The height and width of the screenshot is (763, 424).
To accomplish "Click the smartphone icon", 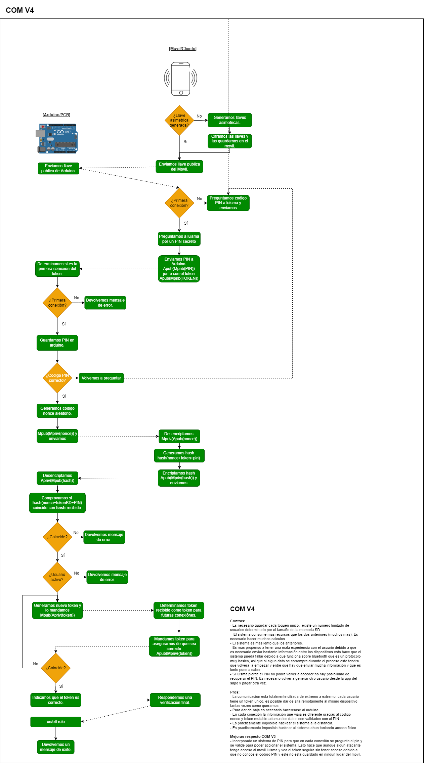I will click(x=181, y=79).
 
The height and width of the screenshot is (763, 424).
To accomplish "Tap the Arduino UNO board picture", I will click(x=57, y=138).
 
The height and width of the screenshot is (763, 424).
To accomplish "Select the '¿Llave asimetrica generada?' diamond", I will click(x=179, y=120).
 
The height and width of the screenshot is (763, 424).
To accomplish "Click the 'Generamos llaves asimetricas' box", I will click(x=230, y=120).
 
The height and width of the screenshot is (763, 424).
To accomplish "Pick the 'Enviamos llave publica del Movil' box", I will click(x=179, y=167).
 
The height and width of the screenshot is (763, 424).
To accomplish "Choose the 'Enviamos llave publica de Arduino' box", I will click(x=58, y=168).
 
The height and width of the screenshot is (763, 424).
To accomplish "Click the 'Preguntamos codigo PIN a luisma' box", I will click(x=228, y=203).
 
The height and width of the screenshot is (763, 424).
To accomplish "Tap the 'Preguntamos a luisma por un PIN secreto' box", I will click(x=179, y=239).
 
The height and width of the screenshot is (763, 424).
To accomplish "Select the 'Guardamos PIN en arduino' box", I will click(x=57, y=343).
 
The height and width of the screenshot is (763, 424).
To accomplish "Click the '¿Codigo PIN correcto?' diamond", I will click(x=57, y=378).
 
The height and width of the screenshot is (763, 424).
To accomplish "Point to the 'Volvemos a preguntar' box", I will click(x=101, y=378).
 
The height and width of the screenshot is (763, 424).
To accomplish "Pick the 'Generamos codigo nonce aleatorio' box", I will click(x=57, y=411).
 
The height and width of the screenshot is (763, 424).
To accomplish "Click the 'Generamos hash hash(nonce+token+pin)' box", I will click(x=179, y=455).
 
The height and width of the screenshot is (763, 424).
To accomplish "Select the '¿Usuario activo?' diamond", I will click(x=57, y=577).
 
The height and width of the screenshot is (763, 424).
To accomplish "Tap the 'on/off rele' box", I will click(x=56, y=722).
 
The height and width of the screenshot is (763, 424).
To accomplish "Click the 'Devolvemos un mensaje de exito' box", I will click(x=56, y=747).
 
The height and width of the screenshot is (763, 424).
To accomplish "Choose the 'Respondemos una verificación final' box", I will click(x=175, y=700).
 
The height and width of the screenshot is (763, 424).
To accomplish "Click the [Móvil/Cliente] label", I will click(x=183, y=49).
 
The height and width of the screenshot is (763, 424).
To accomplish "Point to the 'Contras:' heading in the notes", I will click(x=238, y=621).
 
